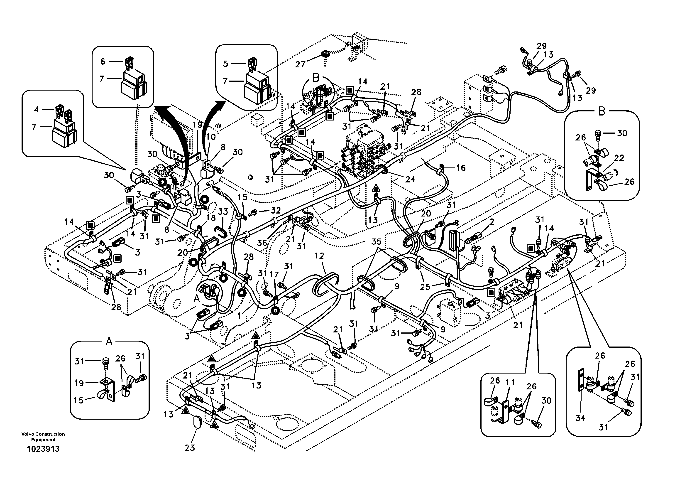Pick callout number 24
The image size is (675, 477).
[410, 179]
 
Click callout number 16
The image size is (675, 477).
[461, 168]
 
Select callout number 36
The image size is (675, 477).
[262, 243]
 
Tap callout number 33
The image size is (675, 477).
[223, 211]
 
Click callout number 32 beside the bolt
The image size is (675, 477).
[276, 210]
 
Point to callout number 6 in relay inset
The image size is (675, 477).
[103, 61]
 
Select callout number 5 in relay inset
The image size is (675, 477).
[225, 64]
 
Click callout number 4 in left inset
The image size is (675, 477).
[37, 109]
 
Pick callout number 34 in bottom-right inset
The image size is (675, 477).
[580, 418]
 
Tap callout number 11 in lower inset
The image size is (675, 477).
[510, 382]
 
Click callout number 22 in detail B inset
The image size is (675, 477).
[619, 158]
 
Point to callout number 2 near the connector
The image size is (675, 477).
[492, 222]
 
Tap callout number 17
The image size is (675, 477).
[274, 274]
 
